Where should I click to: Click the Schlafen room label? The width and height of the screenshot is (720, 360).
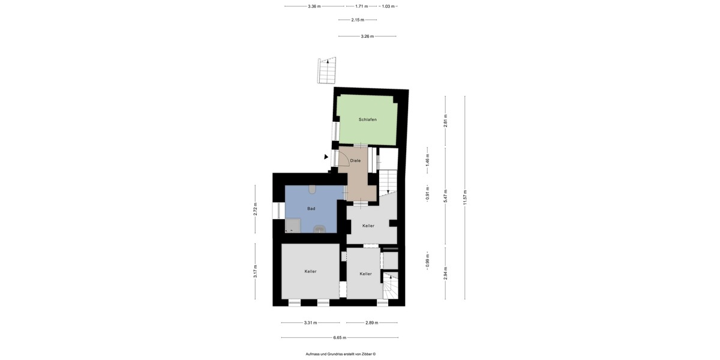tap(367, 120)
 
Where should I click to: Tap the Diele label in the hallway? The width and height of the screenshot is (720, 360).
tap(355, 161)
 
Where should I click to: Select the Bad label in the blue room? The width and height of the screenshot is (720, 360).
tap(311, 209)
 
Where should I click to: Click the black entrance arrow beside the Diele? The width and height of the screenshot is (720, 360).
tap(326, 157)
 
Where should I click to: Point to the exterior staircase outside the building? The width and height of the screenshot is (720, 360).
tap(328, 71)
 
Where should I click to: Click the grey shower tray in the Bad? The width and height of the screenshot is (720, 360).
tap(292, 225)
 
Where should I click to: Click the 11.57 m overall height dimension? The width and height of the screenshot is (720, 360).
tap(465, 197)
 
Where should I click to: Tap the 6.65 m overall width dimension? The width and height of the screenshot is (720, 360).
tap(340, 337)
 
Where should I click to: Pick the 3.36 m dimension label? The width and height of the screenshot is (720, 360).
tap(314, 6)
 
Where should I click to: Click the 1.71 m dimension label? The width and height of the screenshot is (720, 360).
tap(361, 6)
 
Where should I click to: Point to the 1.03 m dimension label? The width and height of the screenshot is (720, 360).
tap(388, 6)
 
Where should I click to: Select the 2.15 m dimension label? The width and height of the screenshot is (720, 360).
tap(358, 20)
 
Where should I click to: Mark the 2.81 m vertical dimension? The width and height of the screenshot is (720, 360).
tap(445, 121)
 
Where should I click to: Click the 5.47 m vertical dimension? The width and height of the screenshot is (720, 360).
tap(445, 197)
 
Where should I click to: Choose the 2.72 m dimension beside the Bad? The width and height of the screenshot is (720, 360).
tap(255, 209)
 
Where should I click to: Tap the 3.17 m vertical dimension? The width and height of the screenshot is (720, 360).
tap(255, 271)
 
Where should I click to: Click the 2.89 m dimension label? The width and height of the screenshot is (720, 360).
tap(371, 323)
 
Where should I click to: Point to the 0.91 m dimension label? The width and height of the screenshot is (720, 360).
tap(427, 196)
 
